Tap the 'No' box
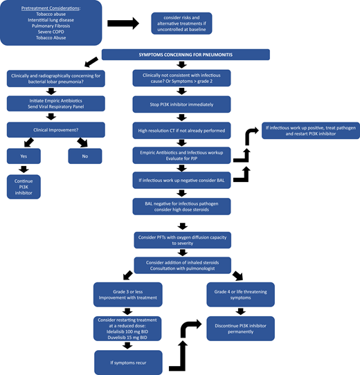pyautogui.click(x=84, y=156)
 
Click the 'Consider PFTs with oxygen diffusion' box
pyautogui.click(x=181, y=239)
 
